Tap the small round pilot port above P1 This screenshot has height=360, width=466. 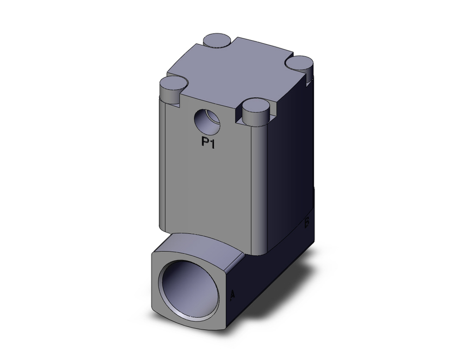pos(207,122)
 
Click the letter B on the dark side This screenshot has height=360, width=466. pos(307,223)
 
